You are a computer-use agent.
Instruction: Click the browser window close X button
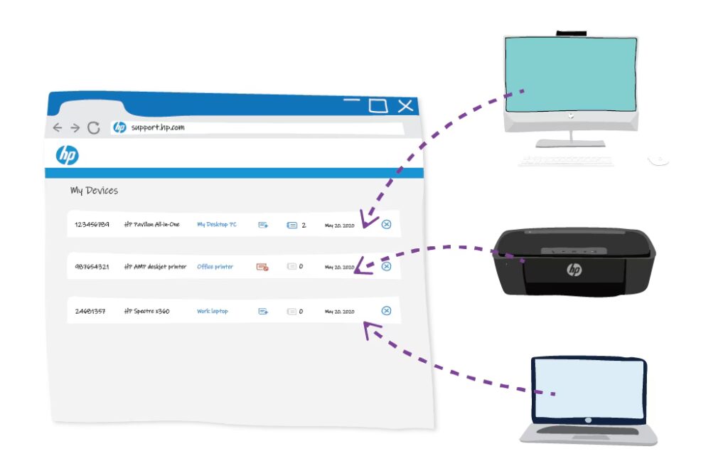tap(405, 106)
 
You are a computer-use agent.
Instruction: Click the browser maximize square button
tap(378, 106)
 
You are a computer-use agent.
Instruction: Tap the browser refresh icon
tap(93, 128)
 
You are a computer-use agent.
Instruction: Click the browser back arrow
tap(58, 128)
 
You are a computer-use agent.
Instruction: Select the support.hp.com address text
tap(158, 127)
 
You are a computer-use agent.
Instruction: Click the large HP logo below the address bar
tap(67, 155)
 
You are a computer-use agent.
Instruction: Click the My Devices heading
tap(94, 191)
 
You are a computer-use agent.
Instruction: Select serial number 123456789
tap(92, 225)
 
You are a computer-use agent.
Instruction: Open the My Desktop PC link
tap(217, 225)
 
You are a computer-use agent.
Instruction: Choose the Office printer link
tap(215, 267)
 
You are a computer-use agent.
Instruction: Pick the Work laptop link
tap(213, 311)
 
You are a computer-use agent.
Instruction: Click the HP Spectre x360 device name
tap(146, 311)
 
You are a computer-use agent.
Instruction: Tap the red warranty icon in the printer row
tap(262, 267)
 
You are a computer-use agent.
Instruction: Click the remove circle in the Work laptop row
tap(386, 311)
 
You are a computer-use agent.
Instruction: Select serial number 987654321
tap(92, 267)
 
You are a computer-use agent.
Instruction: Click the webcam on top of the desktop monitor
tap(571, 32)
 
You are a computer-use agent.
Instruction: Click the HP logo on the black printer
tap(574, 270)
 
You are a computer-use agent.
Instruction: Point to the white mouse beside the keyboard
tap(659, 159)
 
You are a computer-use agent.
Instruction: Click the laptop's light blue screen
tap(589, 388)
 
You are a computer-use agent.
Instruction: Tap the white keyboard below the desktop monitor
tap(565, 162)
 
